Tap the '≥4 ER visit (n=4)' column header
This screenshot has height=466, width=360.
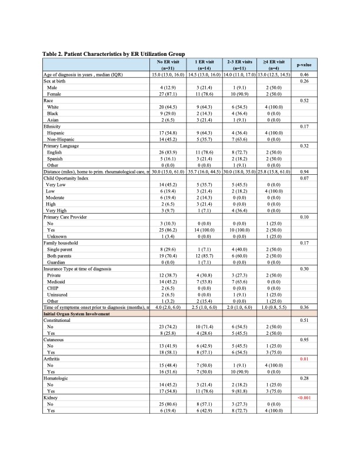(272, 65)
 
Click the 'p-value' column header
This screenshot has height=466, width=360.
(304, 65)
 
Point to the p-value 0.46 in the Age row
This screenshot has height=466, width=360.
(304, 75)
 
